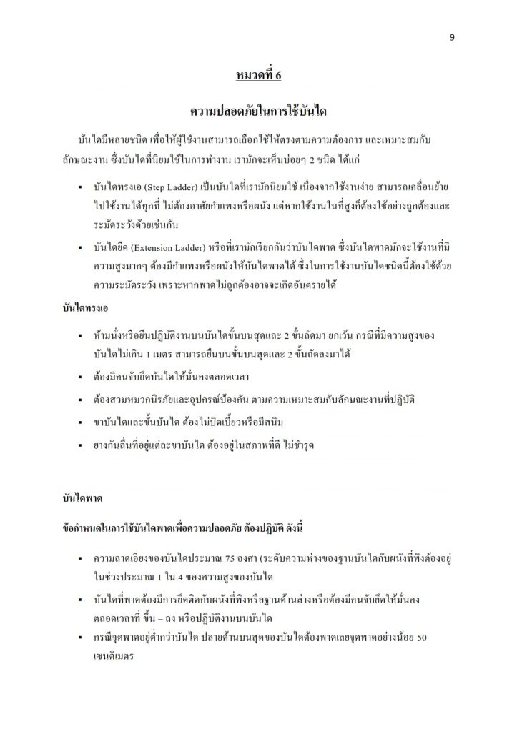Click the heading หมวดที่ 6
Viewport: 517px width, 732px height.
pos(258,75)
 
